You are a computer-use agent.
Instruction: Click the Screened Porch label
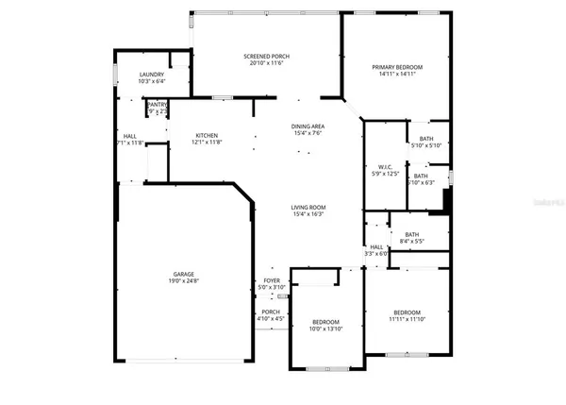tap(266, 57)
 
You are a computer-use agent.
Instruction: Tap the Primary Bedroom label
tap(396, 67)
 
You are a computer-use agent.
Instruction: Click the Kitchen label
tap(208, 135)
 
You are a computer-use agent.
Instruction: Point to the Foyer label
tap(272, 280)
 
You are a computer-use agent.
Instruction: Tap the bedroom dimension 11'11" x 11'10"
tap(408, 320)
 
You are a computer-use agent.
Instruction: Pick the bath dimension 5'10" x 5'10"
tap(426, 144)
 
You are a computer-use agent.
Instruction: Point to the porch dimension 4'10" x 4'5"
tap(272, 319)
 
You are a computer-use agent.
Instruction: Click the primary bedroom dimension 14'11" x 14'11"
tap(396, 75)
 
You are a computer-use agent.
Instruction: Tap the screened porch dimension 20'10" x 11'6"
tap(266, 64)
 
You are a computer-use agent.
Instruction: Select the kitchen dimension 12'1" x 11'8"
tap(208, 143)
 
